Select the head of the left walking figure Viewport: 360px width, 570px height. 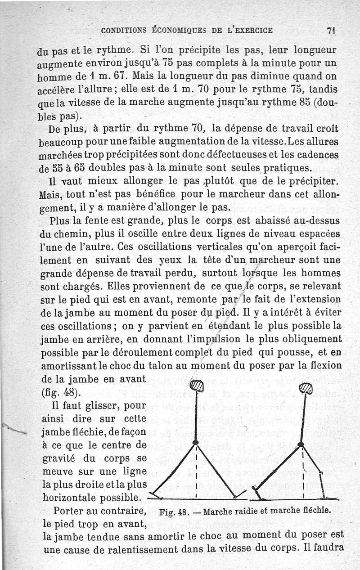tap(197, 386)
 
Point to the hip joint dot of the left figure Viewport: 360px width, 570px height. tap(196, 443)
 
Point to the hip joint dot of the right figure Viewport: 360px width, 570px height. tap(301, 445)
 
